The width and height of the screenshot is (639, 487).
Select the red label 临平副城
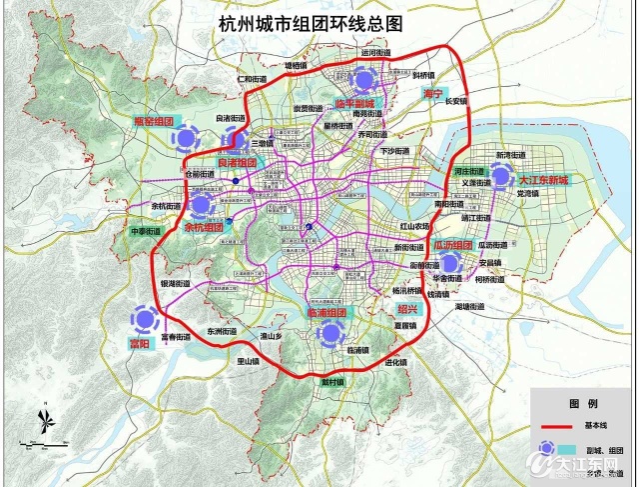353,104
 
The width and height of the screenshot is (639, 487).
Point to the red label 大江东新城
543,181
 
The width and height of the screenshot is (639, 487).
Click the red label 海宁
431,92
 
